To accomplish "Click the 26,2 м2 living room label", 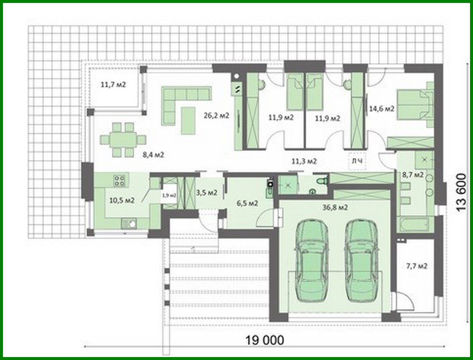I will pos(216,115).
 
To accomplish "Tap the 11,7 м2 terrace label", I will pos(113,85).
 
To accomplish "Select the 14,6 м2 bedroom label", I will pos(382,109).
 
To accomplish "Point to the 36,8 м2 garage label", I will pos(334,207).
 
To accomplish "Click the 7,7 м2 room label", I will pos(417,266).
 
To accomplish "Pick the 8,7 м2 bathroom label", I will pos(413,175).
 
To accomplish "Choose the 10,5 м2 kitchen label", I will pos(122,200).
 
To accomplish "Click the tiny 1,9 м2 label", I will pos(169,195).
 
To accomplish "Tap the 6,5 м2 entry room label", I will pos(247,203).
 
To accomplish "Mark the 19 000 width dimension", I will pos(265,340).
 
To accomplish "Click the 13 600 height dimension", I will pos(461,192).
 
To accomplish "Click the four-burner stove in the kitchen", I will pos(119,180).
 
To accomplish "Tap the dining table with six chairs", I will pos(123,140).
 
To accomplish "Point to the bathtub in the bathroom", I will pos(413,225).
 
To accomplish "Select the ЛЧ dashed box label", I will pos(357,161).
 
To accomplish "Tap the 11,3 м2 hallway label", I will pos(304,161).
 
